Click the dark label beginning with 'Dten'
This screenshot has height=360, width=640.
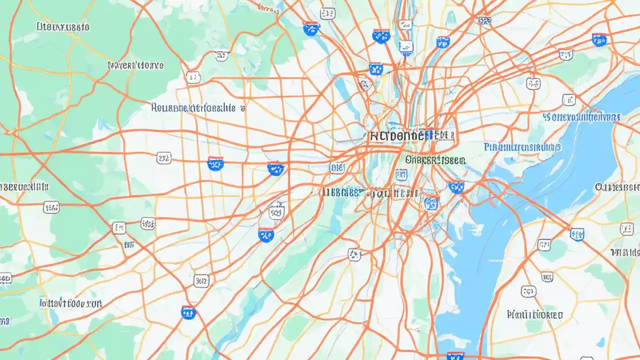pos(63,26)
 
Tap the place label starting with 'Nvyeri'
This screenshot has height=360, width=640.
pos(135,65)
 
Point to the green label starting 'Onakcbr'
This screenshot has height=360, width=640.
pos(435,159)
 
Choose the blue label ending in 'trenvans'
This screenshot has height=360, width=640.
pos(581,117)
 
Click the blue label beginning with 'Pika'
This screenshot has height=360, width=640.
pos(522,147)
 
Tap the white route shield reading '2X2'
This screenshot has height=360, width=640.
pos(163,158)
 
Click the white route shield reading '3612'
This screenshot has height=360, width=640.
pos(201,281)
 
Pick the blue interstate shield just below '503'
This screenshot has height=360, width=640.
pos(266,234)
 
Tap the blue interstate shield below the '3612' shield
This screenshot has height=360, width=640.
pos(188,312)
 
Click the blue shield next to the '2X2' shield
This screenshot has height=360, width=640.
pos(215,163)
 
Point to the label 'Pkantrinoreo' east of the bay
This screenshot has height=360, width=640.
pos(534,315)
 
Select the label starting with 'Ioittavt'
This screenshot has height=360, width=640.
pos(71,303)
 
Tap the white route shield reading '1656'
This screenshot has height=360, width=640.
pos(51,206)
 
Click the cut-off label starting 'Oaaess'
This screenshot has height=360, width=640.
pos(617,187)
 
